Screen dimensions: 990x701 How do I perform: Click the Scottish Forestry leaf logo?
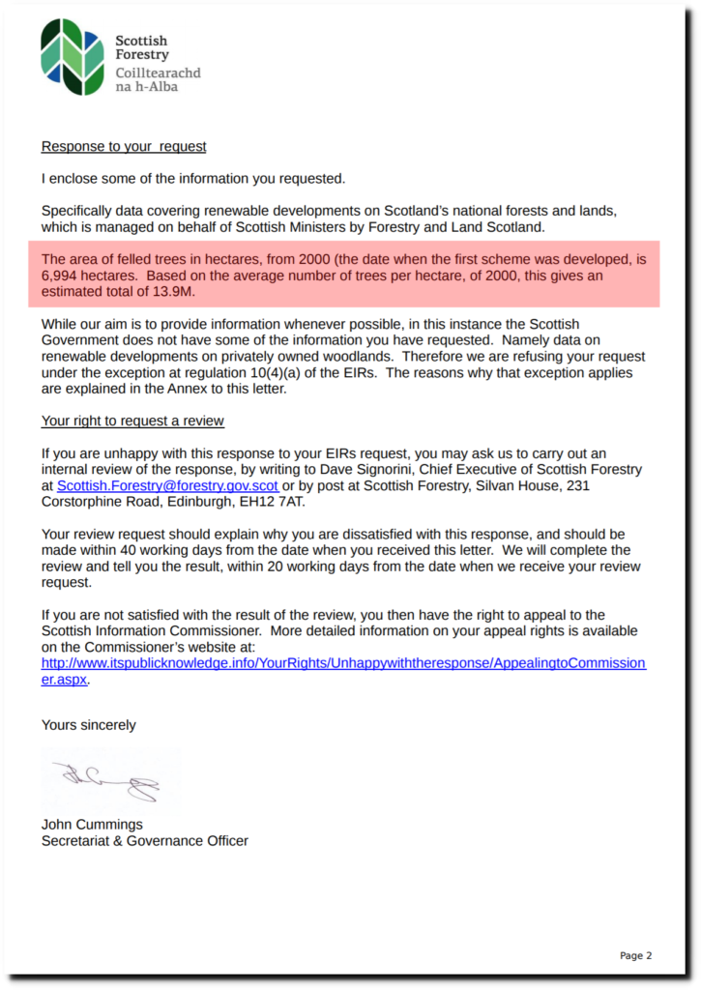pos(73,57)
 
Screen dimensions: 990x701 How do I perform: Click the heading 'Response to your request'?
pos(124,147)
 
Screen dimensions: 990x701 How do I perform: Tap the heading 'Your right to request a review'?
pos(132,421)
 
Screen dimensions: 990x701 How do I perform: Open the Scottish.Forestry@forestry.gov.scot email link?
pos(167,485)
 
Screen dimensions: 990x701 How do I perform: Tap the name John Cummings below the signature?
pos(92,825)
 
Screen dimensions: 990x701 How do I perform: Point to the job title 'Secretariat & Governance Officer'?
pos(144,841)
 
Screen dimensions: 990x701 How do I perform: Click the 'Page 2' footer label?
pos(635,955)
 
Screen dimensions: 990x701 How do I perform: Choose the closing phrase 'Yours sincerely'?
pos(88,725)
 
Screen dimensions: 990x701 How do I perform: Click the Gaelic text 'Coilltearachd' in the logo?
pos(158,73)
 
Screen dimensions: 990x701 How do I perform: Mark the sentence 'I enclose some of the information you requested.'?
pos(193,178)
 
